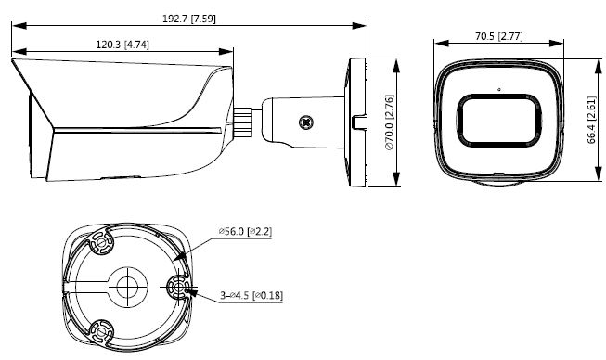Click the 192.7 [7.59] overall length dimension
pos(189,19)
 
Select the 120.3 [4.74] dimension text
pos(122,45)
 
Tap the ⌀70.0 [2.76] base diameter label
pos(389,122)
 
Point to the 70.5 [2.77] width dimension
pos(499,36)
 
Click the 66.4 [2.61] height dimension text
pos(592,120)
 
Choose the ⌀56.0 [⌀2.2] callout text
pos(245,232)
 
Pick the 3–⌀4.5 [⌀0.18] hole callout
pos(251,295)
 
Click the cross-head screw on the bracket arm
pos(306,122)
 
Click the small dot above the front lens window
pos(499,90)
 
